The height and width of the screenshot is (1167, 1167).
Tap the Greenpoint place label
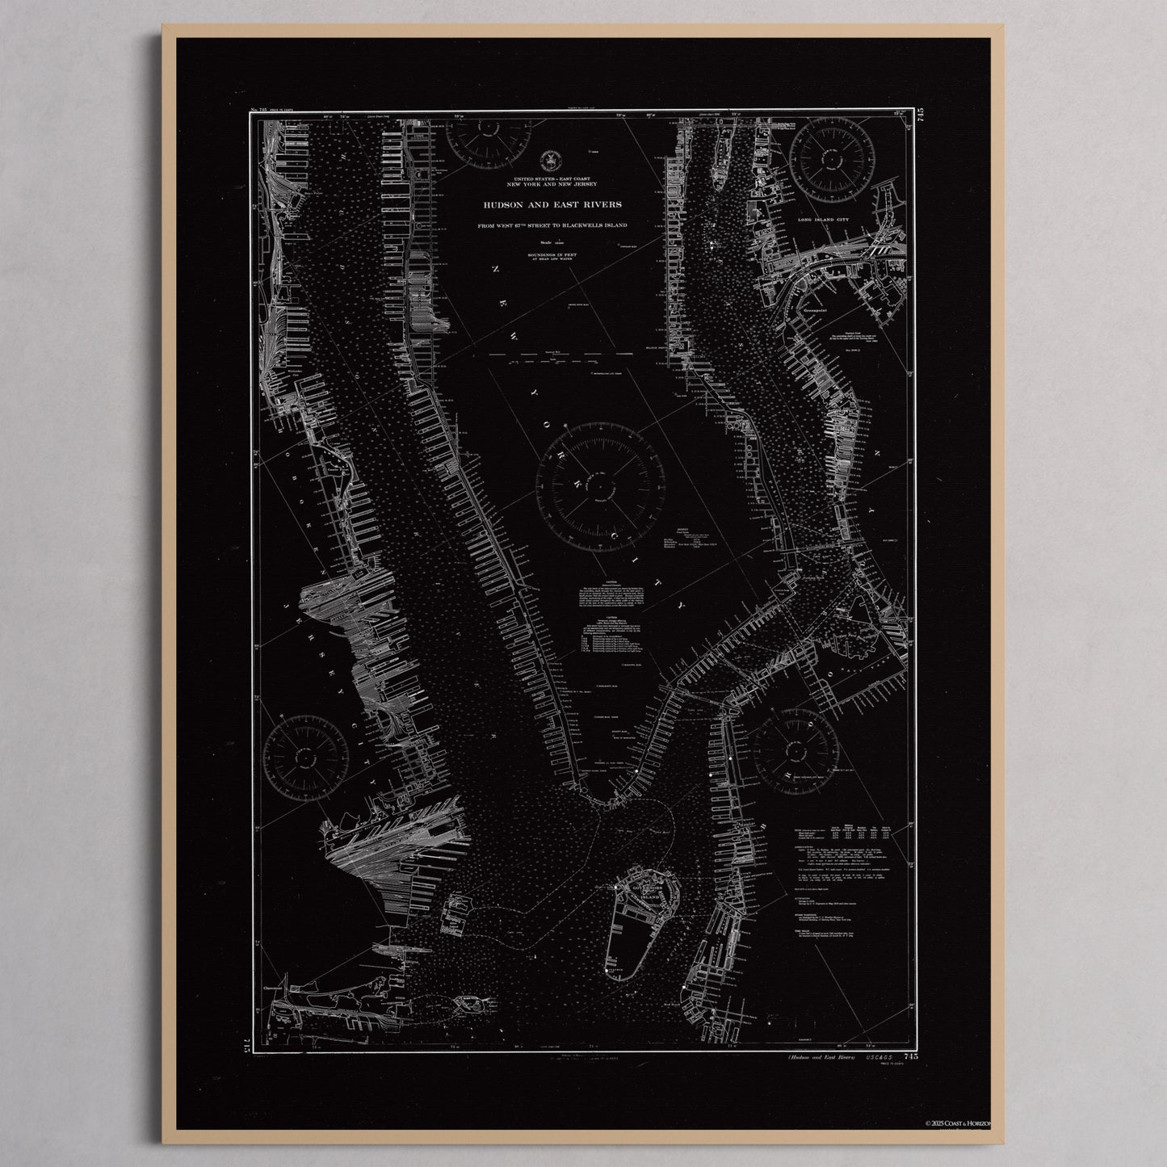pos(821,309)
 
